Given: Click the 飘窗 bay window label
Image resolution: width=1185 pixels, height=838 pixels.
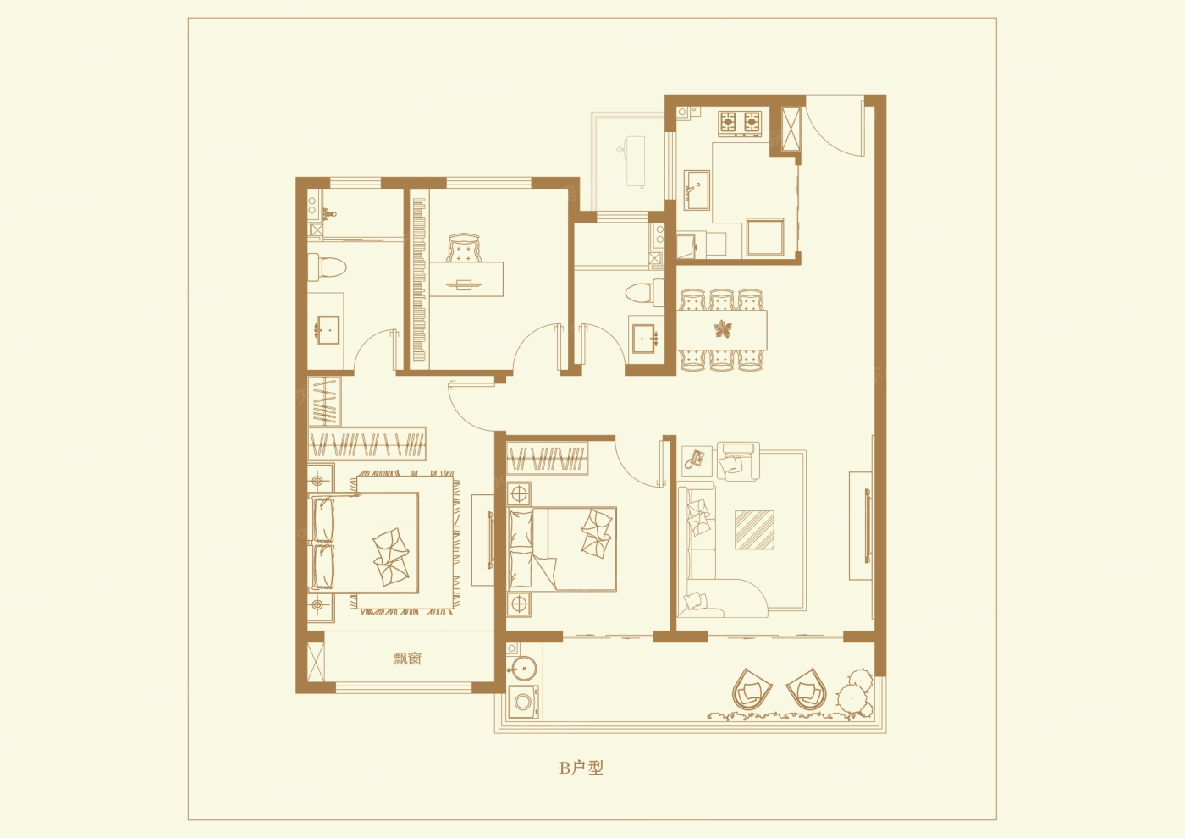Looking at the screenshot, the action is (407, 659).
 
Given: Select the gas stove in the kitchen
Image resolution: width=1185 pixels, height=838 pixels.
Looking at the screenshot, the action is (740, 122).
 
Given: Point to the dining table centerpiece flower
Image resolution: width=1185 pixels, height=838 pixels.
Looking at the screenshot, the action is (721, 329).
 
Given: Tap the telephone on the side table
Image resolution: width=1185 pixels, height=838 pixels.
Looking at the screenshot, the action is (696, 458).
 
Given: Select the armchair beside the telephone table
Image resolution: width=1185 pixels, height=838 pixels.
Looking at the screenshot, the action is (739, 461).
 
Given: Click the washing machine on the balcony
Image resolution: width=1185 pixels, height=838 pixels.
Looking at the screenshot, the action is (524, 702).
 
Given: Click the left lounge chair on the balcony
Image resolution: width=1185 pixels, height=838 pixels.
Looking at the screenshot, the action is (752, 689).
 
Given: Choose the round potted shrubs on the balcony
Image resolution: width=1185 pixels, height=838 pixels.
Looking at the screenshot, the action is (854, 694).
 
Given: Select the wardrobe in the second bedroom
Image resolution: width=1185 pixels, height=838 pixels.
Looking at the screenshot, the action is (548, 458).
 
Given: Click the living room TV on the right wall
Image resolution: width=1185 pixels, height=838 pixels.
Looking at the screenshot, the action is (867, 526).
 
